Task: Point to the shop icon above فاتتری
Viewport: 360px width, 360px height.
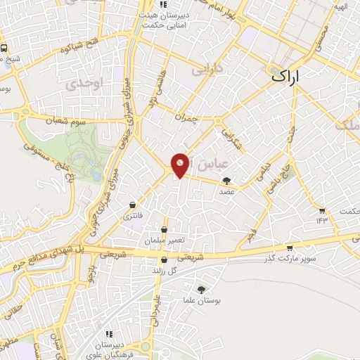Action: [132, 205]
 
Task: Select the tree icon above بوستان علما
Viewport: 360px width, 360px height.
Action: [202, 289]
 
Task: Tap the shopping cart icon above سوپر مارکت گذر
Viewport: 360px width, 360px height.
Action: [290, 247]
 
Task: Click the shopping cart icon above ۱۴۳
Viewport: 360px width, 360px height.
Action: [322, 210]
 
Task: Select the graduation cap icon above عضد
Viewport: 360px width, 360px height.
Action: [226, 181]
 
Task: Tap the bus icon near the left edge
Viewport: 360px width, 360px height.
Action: [4, 49]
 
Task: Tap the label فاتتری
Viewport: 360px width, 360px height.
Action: [132, 217]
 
